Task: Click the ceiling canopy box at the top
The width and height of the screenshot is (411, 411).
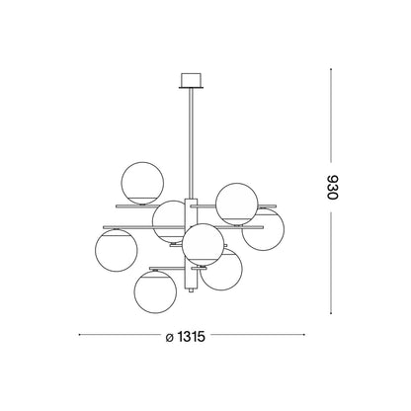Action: point(191,80)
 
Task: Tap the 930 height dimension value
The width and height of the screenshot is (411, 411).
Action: point(332,187)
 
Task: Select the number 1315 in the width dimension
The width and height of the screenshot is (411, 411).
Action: point(192,337)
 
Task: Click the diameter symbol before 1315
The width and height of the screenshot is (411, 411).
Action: point(170,338)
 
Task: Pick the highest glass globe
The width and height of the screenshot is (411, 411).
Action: point(142,183)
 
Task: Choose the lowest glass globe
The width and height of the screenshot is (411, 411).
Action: point(155,291)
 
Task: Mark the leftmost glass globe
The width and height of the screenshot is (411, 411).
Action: point(117,250)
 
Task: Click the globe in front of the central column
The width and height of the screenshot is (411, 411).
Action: point(204,245)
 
